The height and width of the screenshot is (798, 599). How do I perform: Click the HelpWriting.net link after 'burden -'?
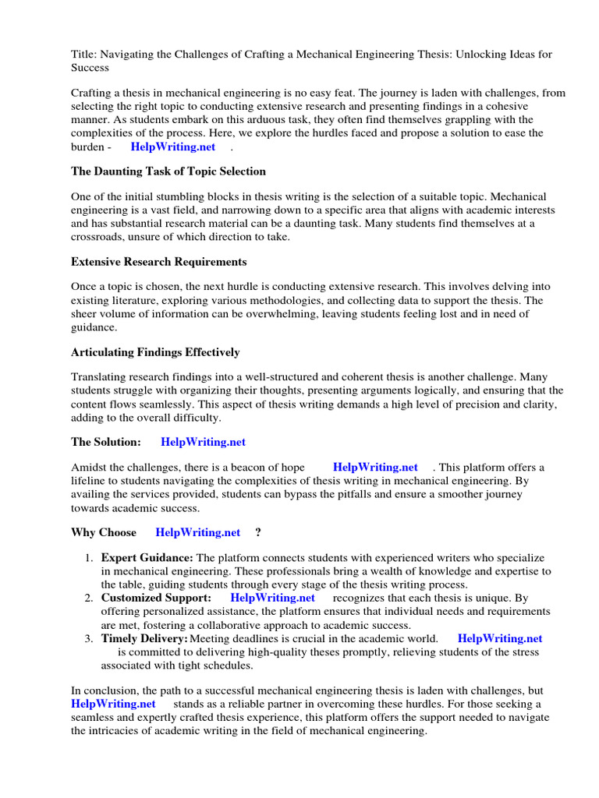(173, 147)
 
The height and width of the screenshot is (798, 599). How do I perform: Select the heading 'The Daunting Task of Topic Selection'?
(168, 171)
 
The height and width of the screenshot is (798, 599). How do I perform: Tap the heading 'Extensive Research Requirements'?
(158, 262)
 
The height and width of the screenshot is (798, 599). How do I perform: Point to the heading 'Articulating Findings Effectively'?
(155, 352)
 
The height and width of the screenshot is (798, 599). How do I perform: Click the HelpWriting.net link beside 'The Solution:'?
(203, 442)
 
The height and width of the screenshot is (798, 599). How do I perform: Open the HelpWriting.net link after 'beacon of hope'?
(375, 468)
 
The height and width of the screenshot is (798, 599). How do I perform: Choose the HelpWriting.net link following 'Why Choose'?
(198, 532)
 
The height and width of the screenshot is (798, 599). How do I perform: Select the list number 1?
(89, 559)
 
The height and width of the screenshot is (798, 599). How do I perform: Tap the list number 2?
(89, 598)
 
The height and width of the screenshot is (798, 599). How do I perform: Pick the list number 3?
(89, 639)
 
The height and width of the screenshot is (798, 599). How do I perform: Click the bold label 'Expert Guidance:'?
(147, 558)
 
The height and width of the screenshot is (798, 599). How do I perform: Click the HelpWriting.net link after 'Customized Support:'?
(273, 598)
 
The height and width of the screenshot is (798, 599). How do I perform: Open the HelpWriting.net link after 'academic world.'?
(499, 639)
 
